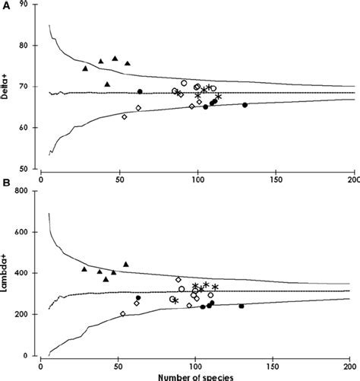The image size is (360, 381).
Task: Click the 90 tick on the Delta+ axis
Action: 31,5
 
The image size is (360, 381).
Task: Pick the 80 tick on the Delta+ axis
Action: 31,46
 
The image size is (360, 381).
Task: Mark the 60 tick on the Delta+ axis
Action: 31,128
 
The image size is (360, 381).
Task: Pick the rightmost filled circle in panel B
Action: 242,306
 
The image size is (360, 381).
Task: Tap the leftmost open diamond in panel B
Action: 123,313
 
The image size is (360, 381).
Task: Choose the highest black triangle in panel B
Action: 126,264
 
